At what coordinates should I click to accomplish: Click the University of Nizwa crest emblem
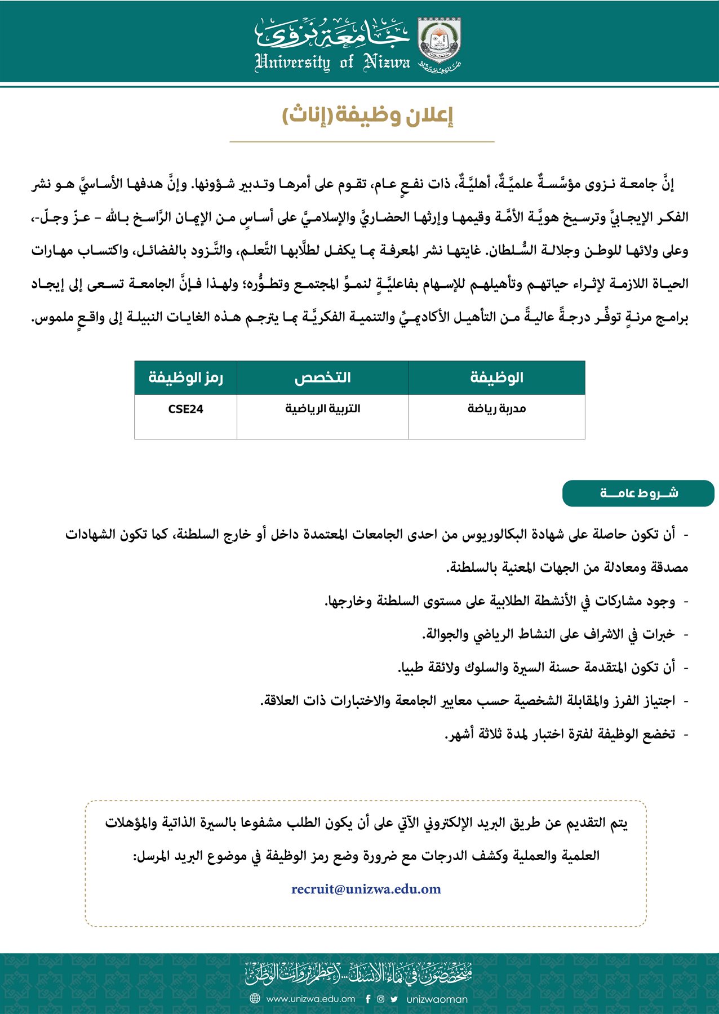(x=439, y=41)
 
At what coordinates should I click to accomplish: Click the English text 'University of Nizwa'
(x=332, y=61)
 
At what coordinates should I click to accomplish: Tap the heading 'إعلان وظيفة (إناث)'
(x=367, y=115)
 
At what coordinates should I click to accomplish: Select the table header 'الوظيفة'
(x=496, y=377)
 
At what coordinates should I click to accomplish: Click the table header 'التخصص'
(x=322, y=377)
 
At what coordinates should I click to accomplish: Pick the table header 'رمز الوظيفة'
(x=185, y=377)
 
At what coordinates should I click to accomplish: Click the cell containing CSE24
(x=185, y=410)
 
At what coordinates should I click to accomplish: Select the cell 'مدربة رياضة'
(x=496, y=409)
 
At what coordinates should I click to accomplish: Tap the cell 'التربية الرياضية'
(x=322, y=409)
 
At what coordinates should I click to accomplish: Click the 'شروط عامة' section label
(x=638, y=493)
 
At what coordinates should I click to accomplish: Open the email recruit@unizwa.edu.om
(x=366, y=890)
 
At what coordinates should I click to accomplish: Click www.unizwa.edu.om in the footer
(x=310, y=999)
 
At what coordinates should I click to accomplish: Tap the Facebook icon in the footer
(x=368, y=999)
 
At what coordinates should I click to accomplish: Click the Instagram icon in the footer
(x=381, y=999)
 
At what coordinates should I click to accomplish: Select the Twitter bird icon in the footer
(x=394, y=999)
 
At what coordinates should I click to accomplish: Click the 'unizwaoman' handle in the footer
(x=437, y=999)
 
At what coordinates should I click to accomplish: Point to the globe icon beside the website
(x=255, y=999)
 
